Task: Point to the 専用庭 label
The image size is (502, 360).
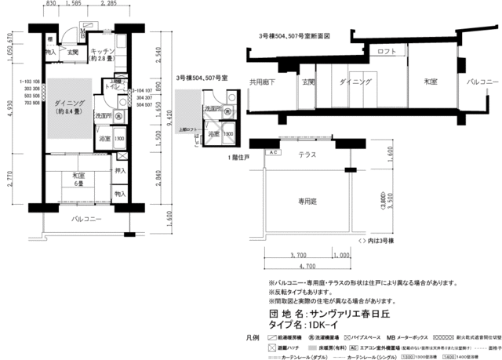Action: (x=307, y=201)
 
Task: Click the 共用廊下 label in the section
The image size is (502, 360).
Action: (x=263, y=81)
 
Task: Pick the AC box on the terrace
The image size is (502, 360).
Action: (x=274, y=153)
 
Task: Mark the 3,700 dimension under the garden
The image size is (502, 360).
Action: (x=298, y=256)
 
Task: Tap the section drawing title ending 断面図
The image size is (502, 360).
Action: (x=294, y=36)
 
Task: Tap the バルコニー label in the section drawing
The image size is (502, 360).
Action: (x=478, y=81)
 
